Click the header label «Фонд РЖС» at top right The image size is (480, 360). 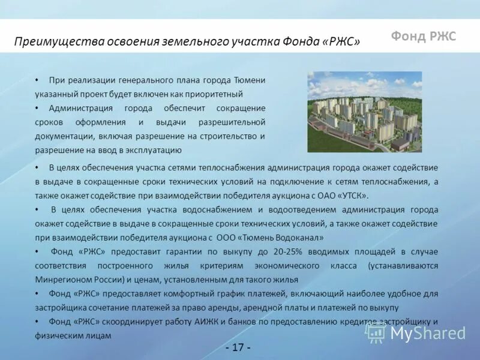[x=424, y=36]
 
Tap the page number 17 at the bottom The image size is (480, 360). [x=238, y=347]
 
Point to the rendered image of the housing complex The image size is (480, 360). [x=364, y=112]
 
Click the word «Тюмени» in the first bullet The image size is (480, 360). [x=250, y=80]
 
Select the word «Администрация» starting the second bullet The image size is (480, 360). [x=81, y=108]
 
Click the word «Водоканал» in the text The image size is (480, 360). [x=296, y=238]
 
